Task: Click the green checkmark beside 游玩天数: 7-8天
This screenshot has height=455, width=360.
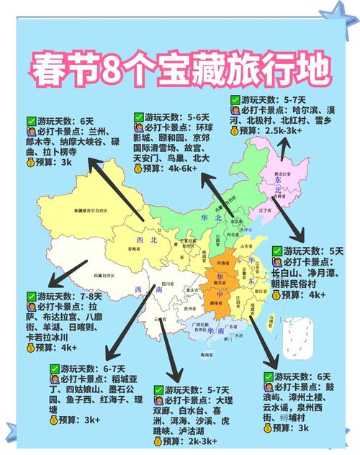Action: click(30, 296)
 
